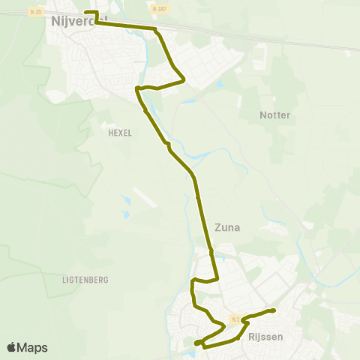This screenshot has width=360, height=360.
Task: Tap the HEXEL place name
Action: [x=120, y=133]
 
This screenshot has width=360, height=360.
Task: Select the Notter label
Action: [x=274, y=115]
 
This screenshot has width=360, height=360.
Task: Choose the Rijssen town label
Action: [x=265, y=337]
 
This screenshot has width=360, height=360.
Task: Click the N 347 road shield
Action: [x=156, y=9]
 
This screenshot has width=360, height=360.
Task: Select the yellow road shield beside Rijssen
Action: [x=235, y=319]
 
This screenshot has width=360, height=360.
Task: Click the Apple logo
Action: [x=12, y=347]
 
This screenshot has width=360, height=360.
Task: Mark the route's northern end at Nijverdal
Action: [x=85, y=12]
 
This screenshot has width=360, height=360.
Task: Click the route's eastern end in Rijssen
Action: [x=273, y=310]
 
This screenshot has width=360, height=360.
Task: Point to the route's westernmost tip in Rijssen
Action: [x=196, y=343]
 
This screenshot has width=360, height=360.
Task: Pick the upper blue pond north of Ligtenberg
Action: [x=125, y=201]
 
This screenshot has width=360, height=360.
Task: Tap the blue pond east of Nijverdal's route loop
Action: [x=219, y=84]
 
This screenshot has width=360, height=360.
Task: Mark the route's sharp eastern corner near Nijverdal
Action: [x=184, y=81]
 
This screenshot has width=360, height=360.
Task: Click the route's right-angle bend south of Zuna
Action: [x=217, y=278]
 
